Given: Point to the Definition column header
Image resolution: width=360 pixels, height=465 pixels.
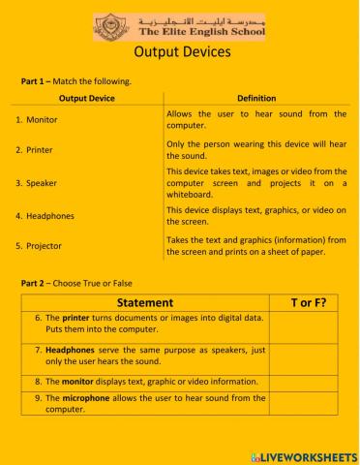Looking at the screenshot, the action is tap(256, 98).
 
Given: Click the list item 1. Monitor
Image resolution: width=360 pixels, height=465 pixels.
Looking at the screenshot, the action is tap(38, 119).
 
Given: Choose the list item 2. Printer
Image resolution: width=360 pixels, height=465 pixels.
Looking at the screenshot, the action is tap(34, 150).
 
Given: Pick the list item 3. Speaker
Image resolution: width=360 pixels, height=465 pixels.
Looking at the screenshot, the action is tap(36, 182).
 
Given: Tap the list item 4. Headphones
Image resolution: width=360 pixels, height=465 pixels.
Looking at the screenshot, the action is tap(45, 215).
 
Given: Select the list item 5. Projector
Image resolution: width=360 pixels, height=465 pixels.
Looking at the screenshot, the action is tap(39, 246).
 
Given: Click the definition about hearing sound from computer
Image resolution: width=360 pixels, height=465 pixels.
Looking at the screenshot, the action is tap(256, 119).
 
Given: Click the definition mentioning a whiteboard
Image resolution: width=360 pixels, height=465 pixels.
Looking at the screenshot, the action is tap(256, 182).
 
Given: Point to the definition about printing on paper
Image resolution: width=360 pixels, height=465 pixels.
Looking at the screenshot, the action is tap(256, 246).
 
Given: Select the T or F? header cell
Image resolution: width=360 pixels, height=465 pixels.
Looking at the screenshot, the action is tap(308, 303).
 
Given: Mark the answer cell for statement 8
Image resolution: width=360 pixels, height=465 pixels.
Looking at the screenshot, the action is tap(308, 382).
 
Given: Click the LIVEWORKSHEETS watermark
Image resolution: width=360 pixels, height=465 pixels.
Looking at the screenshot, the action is tap(302, 454).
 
